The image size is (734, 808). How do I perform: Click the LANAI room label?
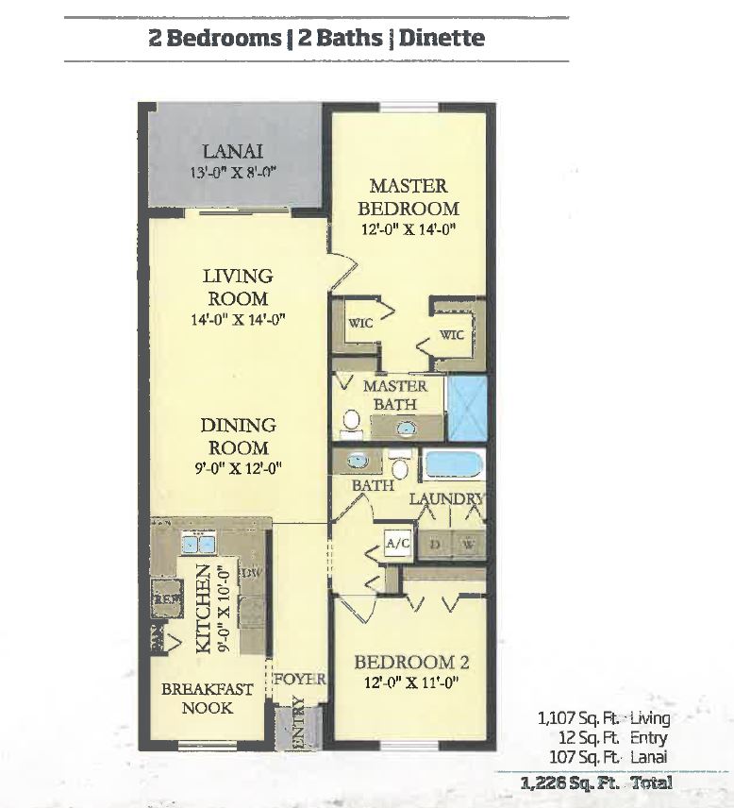[x=231, y=151]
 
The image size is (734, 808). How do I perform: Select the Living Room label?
[x=238, y=287]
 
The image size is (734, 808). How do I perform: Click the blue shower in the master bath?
[x=465, y=408]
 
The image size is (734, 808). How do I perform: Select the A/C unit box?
[x=394, y=544]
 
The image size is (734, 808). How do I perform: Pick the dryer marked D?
[x=436, y=546]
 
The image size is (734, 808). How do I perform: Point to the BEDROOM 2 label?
[x=411, y=663]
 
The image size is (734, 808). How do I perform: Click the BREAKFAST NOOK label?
[x=208, y=698]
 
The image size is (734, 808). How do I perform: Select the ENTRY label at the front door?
[x=299, y=724]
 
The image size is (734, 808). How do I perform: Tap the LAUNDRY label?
[x=446, y=498]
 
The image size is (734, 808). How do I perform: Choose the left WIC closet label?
[x=360, y=323]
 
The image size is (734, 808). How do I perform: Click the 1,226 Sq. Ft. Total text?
[x=596, y=783]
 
